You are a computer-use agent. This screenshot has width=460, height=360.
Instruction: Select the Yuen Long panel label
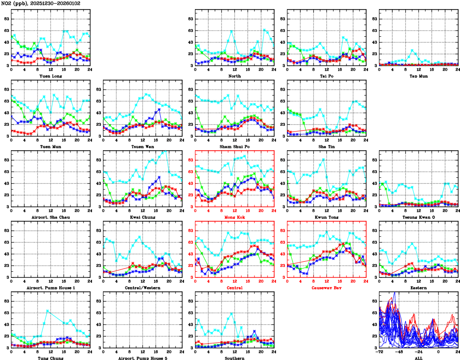(x=50, y=76)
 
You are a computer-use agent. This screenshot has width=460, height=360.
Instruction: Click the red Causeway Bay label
(x=327, y=288)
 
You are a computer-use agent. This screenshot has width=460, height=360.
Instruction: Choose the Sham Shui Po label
(x=234, y=146)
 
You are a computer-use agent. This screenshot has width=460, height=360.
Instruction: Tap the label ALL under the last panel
(x=419, y=358)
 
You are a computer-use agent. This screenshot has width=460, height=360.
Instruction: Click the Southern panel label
(x=234, y=358)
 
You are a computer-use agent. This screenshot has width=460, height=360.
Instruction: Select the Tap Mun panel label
(x=419, y=76)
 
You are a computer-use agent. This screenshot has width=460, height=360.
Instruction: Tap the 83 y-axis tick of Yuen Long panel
(x=6, y=19)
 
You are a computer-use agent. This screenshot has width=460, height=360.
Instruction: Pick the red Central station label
(x=234, y=288)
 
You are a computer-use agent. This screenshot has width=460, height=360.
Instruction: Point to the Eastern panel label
(x=419, y=288)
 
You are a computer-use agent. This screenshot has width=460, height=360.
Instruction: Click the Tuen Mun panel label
(x=50, y=146)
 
